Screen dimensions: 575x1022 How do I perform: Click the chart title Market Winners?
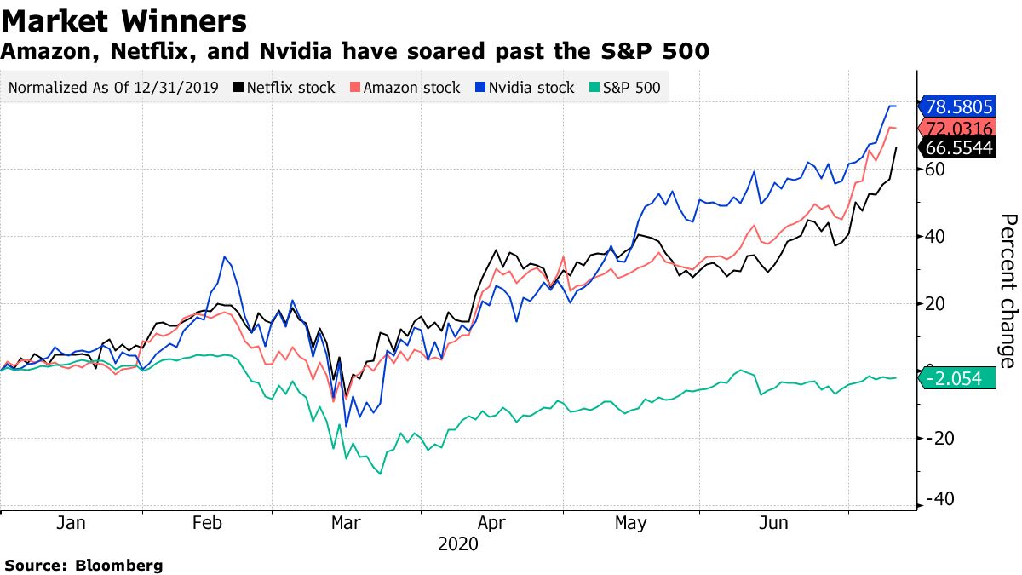pyautogui.click(x=125, y=20)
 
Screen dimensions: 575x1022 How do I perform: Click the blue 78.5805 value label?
pyautogui.click(x=958, y=106)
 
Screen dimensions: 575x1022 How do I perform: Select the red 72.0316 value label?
pyautogui.click(x=958, y=129)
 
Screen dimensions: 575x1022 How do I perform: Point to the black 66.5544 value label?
pyautogui.click(x=958, y=148)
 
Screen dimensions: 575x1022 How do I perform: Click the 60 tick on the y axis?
pyautogui.click(x=935, y=170)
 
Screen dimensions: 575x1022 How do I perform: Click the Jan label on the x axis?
pyautogui.click(x=71, y=523)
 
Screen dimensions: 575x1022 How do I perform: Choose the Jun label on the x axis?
pyautogui.click(x=772, y=523)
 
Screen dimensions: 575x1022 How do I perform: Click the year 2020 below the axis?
pyautogui.click(x=458, y=544)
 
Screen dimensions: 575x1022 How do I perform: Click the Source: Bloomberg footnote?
pyautogui.click(x=83, y=565)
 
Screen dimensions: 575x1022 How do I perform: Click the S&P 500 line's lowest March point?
pyautogui.click(x=379, y=474)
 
